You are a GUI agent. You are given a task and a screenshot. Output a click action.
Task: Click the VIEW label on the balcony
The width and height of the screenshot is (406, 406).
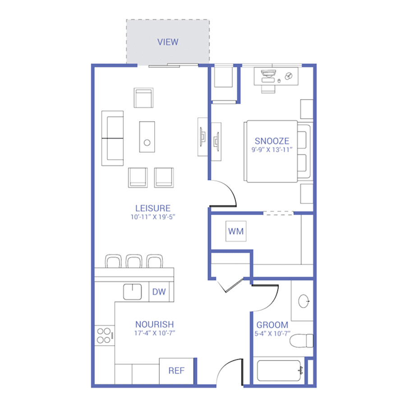click(x=168, y=42)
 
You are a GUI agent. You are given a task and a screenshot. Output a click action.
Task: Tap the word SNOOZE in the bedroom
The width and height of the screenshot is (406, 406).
click(x=272, y=141)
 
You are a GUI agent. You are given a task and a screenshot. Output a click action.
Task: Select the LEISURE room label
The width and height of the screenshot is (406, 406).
click(x=153, y=208)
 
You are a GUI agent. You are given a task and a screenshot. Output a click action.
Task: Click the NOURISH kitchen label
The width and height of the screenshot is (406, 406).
click(x=155, y=324)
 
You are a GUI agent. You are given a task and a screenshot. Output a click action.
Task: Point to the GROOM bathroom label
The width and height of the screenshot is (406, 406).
click(x=272, y=325)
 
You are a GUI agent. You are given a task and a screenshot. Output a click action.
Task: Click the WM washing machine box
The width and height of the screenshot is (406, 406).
click(x=236, y=231)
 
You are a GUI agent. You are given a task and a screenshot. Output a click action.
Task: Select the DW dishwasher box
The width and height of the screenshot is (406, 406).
click(x=159, y=292)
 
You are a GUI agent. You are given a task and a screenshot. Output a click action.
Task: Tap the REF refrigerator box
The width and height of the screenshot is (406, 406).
click(x=176, y=371)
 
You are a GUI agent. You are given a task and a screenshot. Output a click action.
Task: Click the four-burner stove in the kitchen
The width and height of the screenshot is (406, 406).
click(x=104, y=335)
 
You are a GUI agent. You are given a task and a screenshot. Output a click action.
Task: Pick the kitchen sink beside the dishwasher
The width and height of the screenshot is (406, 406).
click(x=132, y=292)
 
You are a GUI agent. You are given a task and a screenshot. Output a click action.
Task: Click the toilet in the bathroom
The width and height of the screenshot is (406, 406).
click(x=301, y=341)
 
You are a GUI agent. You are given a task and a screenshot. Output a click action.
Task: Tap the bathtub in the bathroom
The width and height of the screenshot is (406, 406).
click(x=279, y=370)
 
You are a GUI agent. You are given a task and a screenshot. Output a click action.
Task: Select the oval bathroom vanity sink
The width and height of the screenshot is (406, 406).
click(x=304, y=301)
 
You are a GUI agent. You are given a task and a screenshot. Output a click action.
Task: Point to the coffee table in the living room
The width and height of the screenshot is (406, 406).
click(x=147, y=137)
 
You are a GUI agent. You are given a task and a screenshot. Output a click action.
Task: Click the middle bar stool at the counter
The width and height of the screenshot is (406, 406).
click(x=134, y=261)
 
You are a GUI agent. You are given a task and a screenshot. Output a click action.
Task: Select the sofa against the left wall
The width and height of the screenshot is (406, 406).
click(x=112, y=138)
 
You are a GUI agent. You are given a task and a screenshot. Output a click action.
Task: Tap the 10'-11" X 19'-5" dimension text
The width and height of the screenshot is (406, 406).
click(x=153, y=217)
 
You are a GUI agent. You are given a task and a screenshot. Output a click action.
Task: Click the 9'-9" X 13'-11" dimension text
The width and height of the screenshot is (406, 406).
click(x=272, y=150)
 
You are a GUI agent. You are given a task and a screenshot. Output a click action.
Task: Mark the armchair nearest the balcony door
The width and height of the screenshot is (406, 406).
click(x=143, y=97)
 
